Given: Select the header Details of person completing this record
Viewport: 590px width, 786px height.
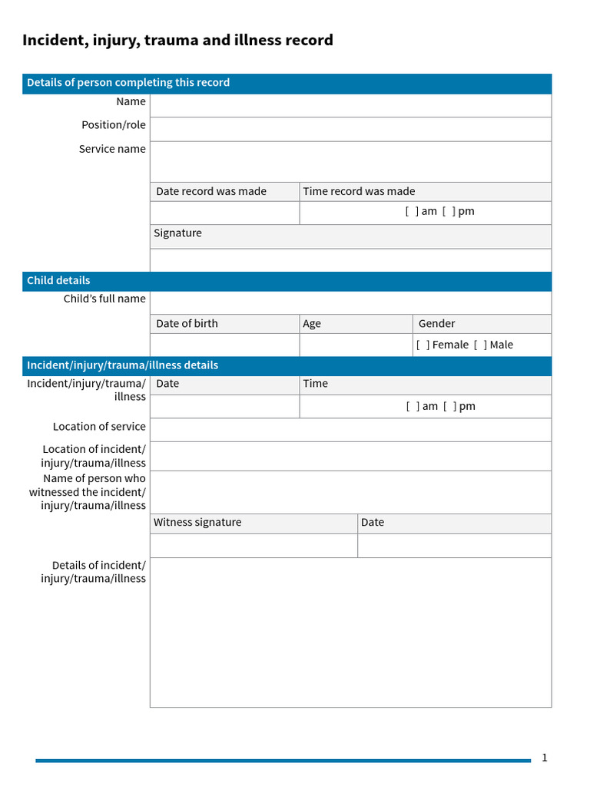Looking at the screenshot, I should pyautogui.click(x=128, y=83).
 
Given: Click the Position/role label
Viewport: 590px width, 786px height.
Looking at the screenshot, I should pyautogui.click(x=114, y=125).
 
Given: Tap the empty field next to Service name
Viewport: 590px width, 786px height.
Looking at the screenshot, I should pyautogui.click(x=350, y=161).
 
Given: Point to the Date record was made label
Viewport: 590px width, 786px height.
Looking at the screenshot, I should pyautogui.click(x=211, y=192).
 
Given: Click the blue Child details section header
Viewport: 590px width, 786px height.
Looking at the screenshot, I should pyautogui.click(x=58, y=281).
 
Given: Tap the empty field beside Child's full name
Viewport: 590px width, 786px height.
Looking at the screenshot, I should pyautogui.click(x=350, y=302).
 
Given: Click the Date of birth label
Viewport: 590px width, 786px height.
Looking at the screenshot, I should pyautogui.click(x=187, y=324).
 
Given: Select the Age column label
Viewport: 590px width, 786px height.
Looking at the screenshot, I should pyautogui.click(x=312, y=324).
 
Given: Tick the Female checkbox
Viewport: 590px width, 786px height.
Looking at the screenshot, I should pyautogui.click(x=423, y=345).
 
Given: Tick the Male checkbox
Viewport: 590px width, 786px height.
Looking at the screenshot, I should pyautogui.click(x=480, y=345).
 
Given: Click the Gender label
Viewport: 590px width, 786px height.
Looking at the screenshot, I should pyautogui.click(x=436, y=324).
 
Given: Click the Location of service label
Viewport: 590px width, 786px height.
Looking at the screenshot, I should pyautogui.click(x=99, y=427).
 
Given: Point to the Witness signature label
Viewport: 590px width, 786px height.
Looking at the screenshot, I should pyautogui.click(x=197, y=523).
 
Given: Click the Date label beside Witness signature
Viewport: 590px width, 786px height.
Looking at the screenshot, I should pyautogui.click(x=373, y=523).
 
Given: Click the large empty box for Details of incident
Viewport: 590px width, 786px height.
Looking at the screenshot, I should pyautogui.click(x=350, y=632).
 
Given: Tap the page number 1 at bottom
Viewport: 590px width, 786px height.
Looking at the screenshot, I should pyautogui.click(x=545, y=758).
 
